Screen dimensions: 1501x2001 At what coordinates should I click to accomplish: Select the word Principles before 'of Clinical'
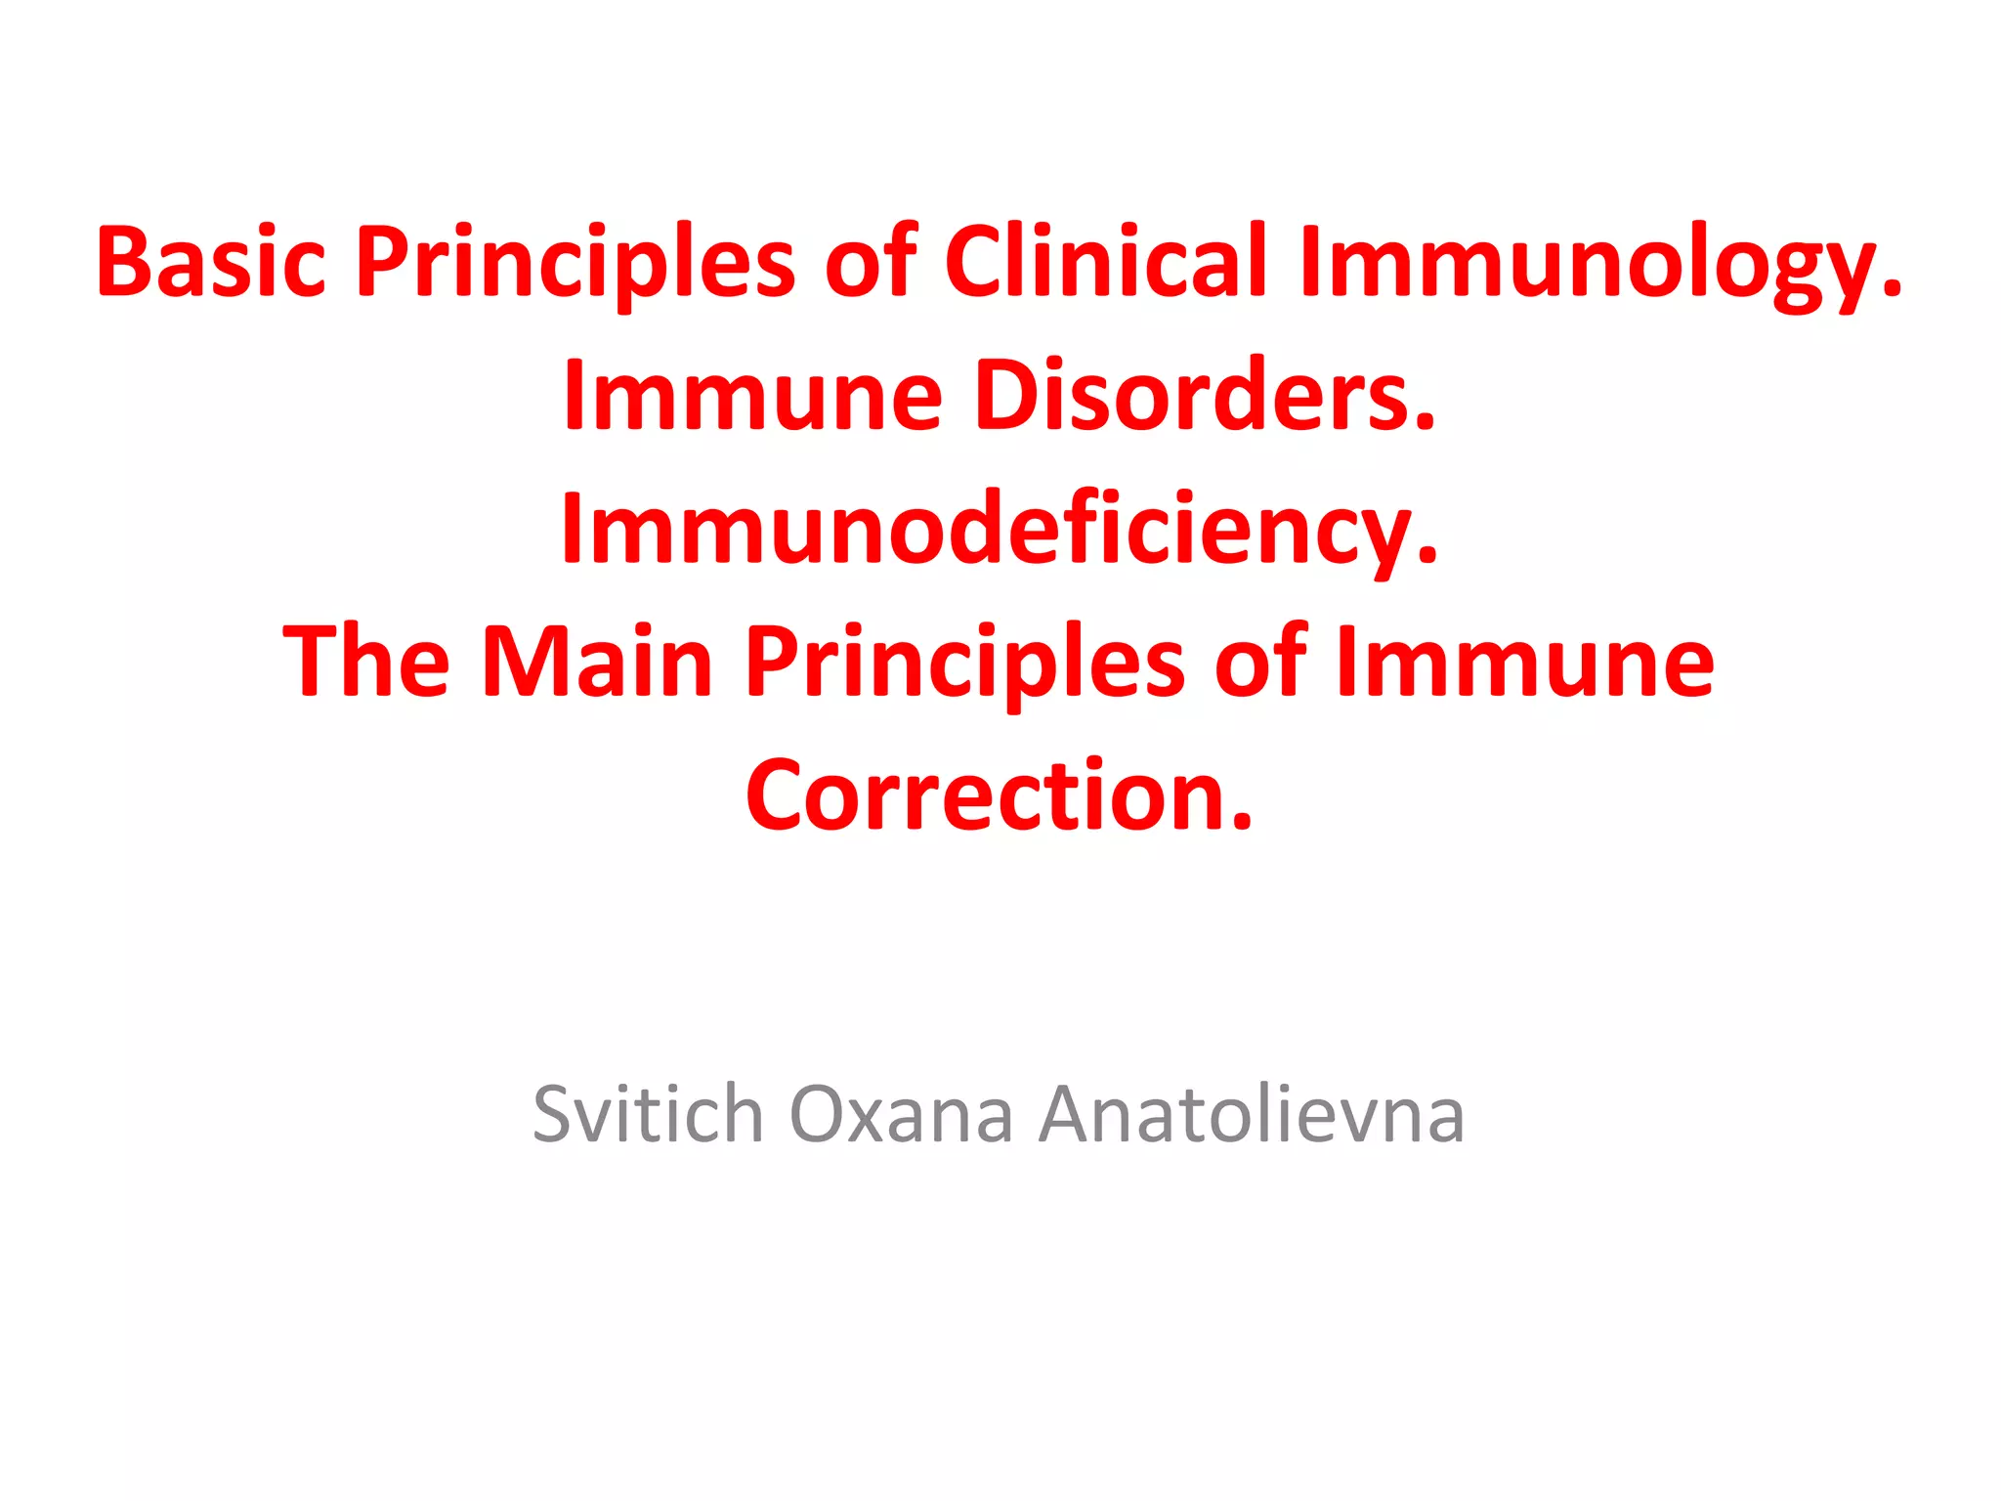pos(575,262)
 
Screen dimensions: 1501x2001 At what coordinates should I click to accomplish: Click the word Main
pos(597,662)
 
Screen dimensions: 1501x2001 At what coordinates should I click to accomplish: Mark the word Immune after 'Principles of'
pos(1523,662)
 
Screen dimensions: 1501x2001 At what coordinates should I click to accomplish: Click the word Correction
pos(987,795)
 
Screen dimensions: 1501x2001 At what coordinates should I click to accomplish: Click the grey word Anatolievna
pos(1251,1113)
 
